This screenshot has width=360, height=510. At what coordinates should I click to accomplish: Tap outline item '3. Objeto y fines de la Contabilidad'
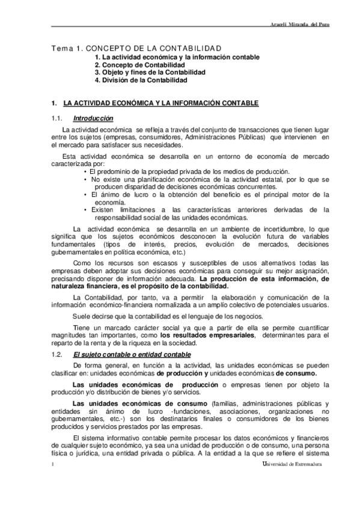click(x=150, y=72)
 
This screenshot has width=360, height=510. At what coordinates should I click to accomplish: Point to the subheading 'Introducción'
click(x=93, y=118)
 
